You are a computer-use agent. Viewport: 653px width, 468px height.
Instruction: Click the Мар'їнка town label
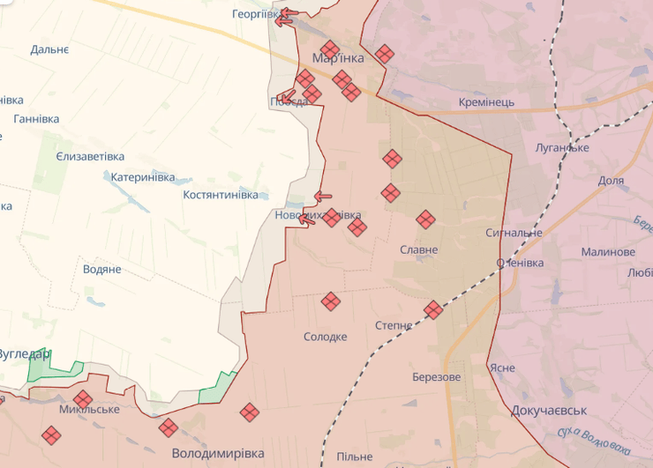click(x=338, y=58)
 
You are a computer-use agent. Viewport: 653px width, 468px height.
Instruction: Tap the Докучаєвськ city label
click(x=549, y=411)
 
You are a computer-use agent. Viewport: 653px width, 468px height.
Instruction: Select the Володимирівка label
click(x=218, y=453)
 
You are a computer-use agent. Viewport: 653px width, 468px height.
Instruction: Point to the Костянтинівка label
click(x=221, y=194)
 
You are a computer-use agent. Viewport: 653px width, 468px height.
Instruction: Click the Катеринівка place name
click(x=143, y=176)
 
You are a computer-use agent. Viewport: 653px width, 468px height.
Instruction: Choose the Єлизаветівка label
click(x=90, y=155)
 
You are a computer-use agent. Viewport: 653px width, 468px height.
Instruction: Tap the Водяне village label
click(x=101, y=269)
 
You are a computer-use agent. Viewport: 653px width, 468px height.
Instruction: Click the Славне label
click(x=418, y=249)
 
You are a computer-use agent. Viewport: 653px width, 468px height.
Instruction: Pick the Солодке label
click(x=326, y=337)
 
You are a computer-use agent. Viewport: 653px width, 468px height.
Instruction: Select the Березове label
click(x=436, y=376)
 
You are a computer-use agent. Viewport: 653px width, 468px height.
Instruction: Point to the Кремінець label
click(x=486, y=102)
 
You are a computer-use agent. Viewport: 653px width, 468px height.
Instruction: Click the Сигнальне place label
click(x=514, y=233)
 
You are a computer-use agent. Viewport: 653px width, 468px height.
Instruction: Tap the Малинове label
click(x=608, y=252)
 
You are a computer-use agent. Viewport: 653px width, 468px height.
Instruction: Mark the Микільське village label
click(x=89, y=410)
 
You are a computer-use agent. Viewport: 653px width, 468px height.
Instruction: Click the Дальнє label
click(x=49, y=49)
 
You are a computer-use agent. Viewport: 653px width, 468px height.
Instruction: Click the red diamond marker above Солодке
click(x=330, y=301)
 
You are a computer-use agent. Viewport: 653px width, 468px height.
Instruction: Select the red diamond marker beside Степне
click(x=432, y=309)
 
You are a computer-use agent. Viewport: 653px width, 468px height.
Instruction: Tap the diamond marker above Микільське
click(x=83, y=398)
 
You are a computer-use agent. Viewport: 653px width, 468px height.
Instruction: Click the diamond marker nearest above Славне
click(x=425, y=219)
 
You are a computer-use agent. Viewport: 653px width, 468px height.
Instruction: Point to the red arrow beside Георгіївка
click(x=286, y=16)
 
